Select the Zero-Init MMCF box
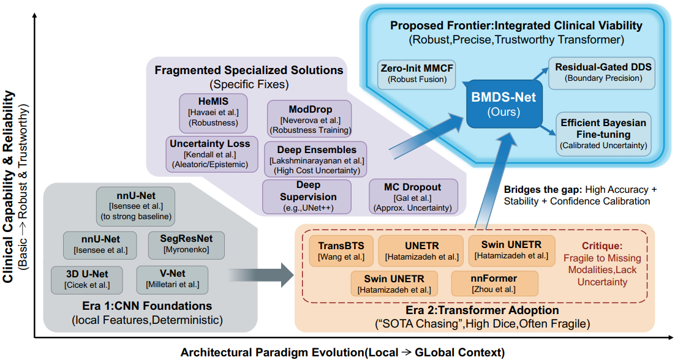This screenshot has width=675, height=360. [416, 73]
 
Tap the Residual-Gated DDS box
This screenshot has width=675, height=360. [603, 72]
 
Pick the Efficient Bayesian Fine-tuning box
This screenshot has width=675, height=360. [603, 133]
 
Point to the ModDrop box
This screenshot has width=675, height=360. [309, 118]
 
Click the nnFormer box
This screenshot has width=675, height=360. [494, 283]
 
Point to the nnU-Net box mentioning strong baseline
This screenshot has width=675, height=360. [136, 204]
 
